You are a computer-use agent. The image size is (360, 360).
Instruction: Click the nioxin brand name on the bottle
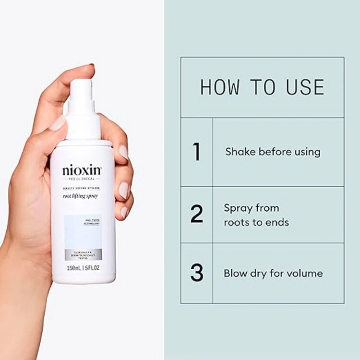tap(82, 170)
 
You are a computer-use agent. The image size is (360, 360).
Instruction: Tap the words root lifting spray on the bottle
tap(82, 196)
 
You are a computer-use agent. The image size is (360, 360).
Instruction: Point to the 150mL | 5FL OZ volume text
tap(83, 268)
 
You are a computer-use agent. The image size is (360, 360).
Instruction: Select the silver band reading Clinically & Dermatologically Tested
tap(83, 254)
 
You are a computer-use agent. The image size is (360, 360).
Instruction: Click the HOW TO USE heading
tap(262, 87)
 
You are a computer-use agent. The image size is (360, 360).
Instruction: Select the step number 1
tap(196, 152)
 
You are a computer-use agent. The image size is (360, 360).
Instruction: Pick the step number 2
tap(196, 215)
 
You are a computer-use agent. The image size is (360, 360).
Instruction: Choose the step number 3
tap(196, 273)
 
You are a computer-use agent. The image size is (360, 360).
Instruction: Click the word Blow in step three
tap(235, 274)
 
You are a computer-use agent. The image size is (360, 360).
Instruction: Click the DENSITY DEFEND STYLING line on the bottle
tap(82, 189)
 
